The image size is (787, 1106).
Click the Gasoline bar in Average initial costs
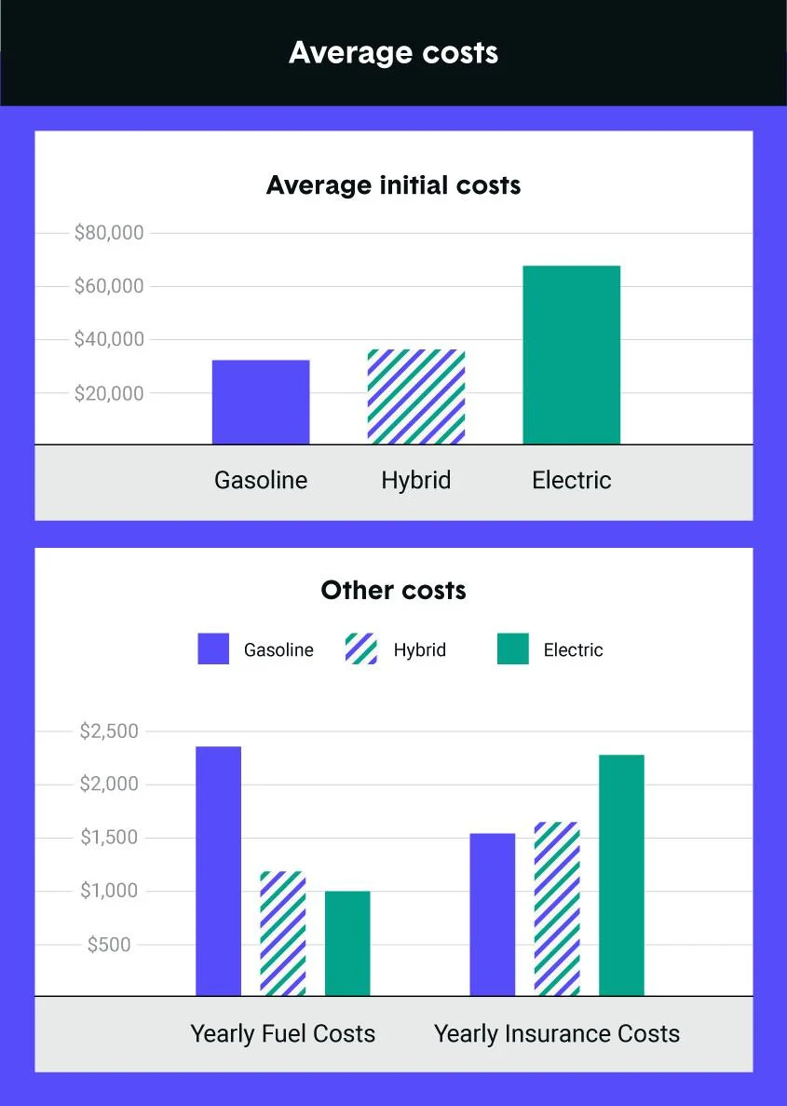[261, 402]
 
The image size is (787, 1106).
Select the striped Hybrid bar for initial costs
[416, 397]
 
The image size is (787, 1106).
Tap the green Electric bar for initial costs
[571, 355]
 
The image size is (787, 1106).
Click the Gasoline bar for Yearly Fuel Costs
[218, 871]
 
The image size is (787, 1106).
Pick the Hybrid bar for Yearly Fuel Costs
[282, 934]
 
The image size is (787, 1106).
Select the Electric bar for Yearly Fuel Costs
[347, 944]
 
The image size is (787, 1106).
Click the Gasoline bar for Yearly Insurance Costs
[492, 915]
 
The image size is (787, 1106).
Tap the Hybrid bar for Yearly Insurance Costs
[557, 909]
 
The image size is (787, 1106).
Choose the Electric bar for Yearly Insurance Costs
[621, 875]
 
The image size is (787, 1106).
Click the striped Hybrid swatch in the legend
[361, 649]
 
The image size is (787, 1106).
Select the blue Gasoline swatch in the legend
[213, 649]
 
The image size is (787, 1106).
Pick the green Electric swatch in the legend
[512, 649]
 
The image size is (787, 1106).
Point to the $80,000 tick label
[109, 233]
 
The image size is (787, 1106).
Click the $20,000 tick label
[109, 393]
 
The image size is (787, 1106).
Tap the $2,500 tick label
[109, 731]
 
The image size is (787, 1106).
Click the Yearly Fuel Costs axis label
[283, 1033]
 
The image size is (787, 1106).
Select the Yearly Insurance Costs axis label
[557, 1033]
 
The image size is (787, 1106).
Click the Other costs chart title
[393, 590]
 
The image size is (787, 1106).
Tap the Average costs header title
[393, 52]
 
